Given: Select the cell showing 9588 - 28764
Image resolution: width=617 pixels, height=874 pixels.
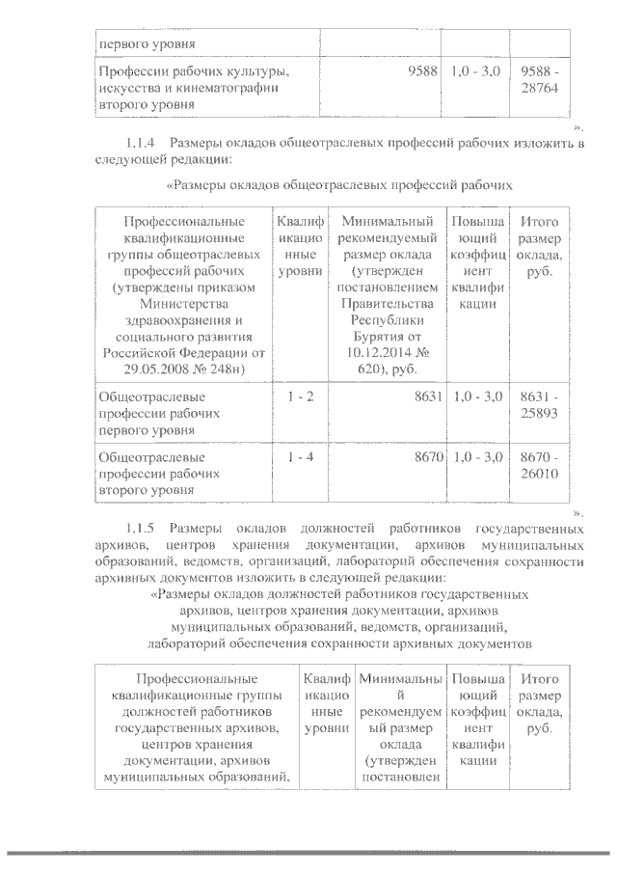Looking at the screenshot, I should coord(539,80).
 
